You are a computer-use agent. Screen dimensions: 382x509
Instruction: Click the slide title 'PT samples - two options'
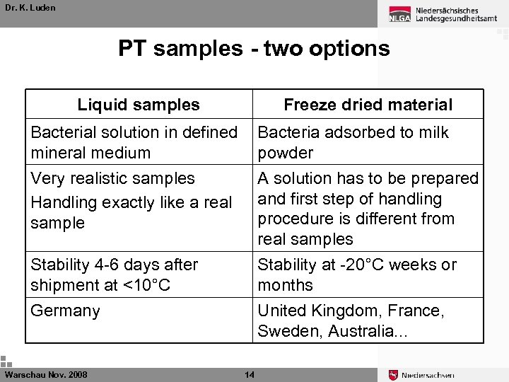point(254,48)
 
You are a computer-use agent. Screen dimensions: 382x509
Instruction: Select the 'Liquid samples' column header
point(139,105)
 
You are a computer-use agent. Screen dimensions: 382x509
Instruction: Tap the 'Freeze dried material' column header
point(368,105)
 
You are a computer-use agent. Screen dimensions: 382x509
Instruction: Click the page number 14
point(249,374)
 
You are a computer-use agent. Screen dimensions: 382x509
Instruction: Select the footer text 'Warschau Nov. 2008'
point(46,374)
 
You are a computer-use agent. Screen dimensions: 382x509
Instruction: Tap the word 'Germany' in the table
point(65,311)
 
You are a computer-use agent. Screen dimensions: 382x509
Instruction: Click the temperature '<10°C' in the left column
point(145,285)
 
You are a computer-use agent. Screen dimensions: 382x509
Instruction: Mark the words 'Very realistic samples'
point(112,178)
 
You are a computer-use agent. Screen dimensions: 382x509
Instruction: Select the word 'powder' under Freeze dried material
point(285,153)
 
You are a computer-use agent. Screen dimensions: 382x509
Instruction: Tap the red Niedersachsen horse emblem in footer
point(393,375)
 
